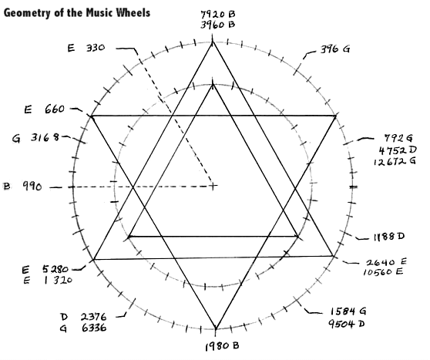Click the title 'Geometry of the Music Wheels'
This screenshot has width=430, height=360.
(77, 13)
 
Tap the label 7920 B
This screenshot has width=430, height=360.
(218, 14)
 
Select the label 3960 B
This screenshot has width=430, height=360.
(218, 25)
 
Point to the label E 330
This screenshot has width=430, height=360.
(86, 48)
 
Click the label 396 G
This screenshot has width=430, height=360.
(335, 49)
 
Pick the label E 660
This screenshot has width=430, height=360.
(45, 109)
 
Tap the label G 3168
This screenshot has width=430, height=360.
(35, 138)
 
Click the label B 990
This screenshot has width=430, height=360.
(23, 187)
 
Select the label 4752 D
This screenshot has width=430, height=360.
(398, 150)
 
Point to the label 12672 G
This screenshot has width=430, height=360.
(395, 161)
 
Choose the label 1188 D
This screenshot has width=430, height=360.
(389, 237)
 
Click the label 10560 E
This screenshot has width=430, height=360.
(383, 272)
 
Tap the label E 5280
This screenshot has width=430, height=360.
(45, 270)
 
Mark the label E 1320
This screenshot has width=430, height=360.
(48, 281)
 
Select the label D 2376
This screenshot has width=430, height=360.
(83, 317)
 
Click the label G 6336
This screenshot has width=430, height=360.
(83, 328)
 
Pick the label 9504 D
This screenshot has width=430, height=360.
(347, 324)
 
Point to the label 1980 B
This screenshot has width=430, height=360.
(222, 346)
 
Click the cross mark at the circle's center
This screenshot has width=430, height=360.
(213, 186)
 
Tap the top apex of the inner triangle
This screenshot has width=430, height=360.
(213, 85)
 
